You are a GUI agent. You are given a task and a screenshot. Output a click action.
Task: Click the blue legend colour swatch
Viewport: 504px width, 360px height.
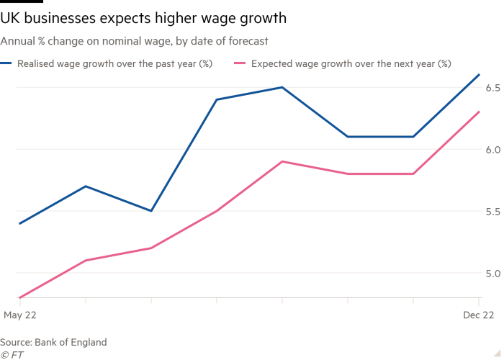click(8, 63)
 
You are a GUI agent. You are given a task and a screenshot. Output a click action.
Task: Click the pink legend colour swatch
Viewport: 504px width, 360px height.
click(240, 63)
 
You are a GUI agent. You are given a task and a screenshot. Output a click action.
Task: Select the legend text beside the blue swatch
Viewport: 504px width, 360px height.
click(115, 63)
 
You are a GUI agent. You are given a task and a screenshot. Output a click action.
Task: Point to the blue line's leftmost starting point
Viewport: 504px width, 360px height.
click(19, 225)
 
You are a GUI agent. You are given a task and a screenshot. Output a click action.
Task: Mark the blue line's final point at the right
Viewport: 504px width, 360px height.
click(481, 73)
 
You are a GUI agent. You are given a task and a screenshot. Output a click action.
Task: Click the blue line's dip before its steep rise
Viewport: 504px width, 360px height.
click(152, 210)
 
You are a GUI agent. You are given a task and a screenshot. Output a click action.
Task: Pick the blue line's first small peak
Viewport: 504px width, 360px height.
click(87, 186)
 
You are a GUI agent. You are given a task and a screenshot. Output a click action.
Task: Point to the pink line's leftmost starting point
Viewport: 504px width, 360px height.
click(19, 297)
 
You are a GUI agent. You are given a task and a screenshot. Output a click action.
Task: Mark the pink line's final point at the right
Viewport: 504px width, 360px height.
click(481, 112)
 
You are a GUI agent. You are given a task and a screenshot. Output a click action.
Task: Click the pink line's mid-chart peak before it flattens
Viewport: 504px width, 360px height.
click(283, 162)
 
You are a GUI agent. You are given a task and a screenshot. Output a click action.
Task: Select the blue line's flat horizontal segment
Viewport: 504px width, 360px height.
click(382, 135)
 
